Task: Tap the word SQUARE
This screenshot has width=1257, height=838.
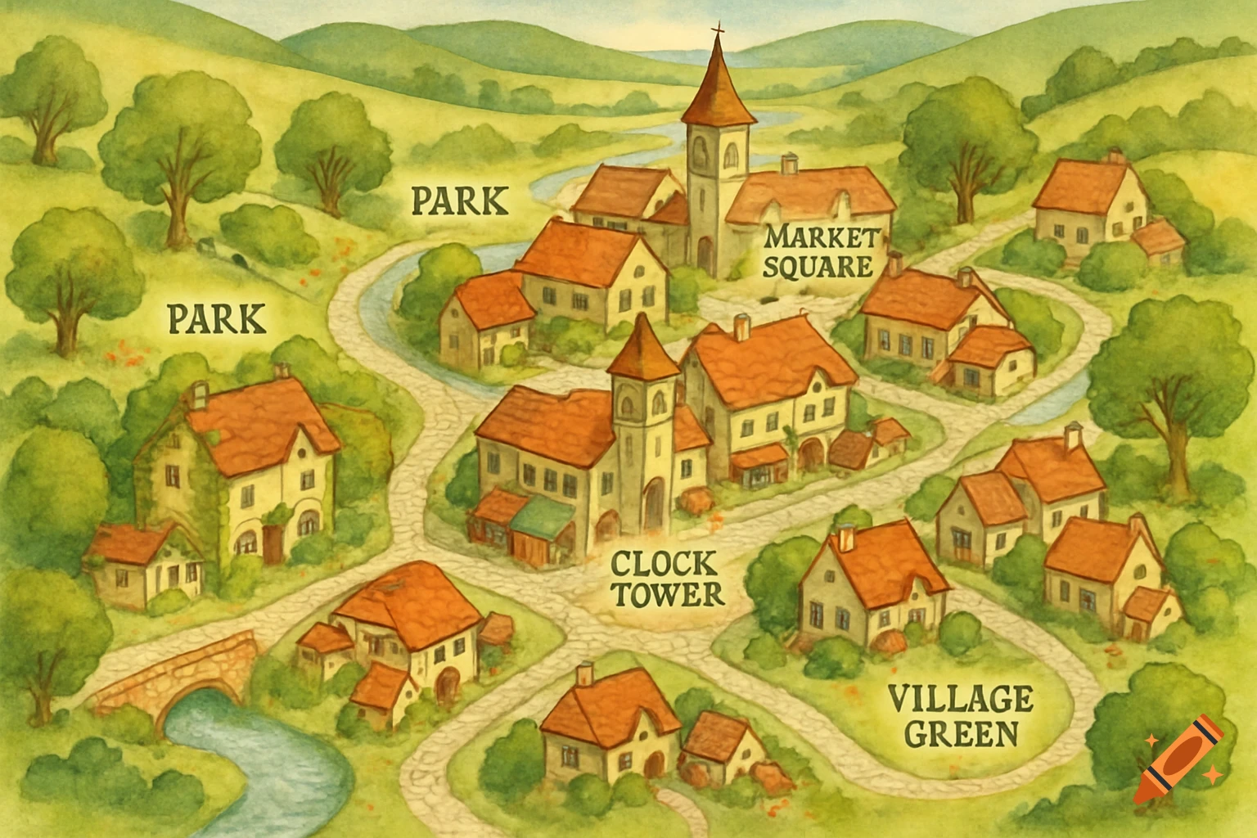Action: [x=819, y=267]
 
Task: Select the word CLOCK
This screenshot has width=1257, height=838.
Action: [x=664, y=564]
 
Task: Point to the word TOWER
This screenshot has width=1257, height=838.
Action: [x=668, y=594]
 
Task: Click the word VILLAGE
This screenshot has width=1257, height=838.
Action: [x=960, y=700]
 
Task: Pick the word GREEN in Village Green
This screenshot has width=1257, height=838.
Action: [x=962, y=732]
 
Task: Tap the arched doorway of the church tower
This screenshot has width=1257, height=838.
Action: [x=704, y=256]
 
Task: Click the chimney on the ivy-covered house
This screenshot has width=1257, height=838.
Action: [x=199, y=395]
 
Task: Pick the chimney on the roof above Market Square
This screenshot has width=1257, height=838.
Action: [x=789, y=164]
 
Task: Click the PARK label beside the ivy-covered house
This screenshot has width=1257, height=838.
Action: [x=217, y=318]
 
